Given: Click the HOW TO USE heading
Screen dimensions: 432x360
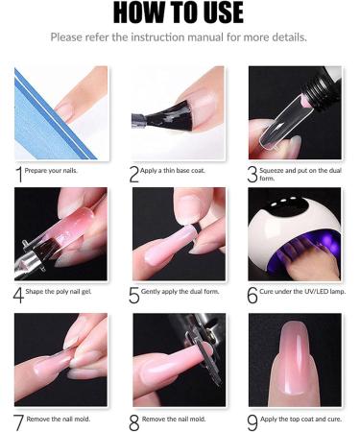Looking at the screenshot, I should tap(179, 13).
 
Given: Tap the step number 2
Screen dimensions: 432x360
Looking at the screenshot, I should tap(134, 174).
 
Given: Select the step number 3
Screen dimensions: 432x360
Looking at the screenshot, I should tap(252, 174).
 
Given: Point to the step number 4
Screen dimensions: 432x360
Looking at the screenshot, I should tap(19, 295).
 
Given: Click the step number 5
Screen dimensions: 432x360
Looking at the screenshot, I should tap(134, 295).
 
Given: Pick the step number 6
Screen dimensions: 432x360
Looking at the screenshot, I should tap(252, 295).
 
